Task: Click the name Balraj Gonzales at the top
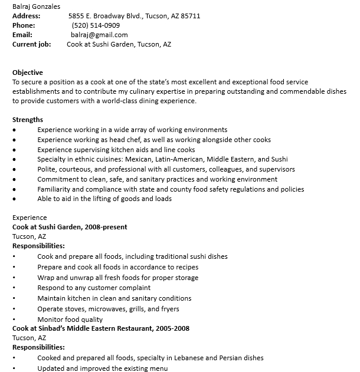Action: coord(36,6)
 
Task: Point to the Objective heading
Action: coord(27,73)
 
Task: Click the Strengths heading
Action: coord(27,120)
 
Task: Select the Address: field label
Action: coord(26,16)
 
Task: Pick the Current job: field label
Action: coord(31,44)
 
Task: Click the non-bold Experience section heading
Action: coord(29,218)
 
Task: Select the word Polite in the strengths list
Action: coord(47,169)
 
